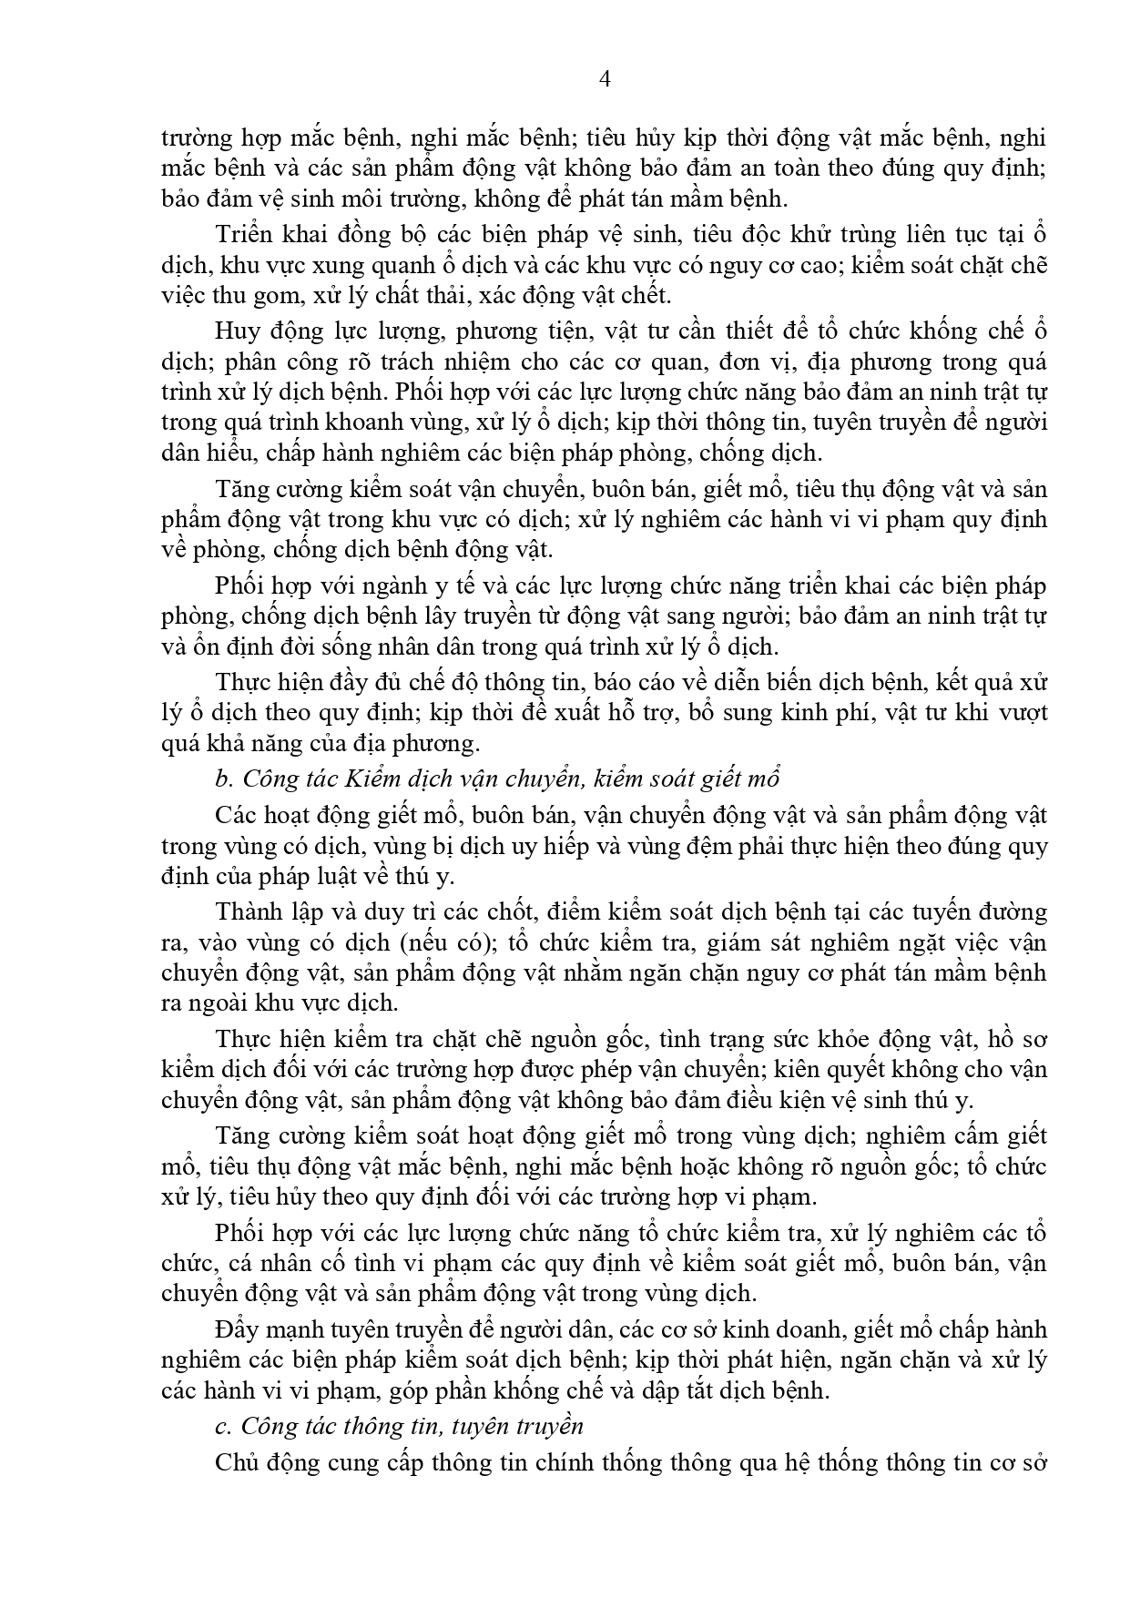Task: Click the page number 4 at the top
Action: click(x=604, y=78)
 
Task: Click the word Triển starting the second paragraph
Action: click(x=244, y=233)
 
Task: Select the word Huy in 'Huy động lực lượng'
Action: click(x=234, y=331)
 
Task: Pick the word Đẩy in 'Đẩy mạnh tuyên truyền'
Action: click(x=236, y=1329)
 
